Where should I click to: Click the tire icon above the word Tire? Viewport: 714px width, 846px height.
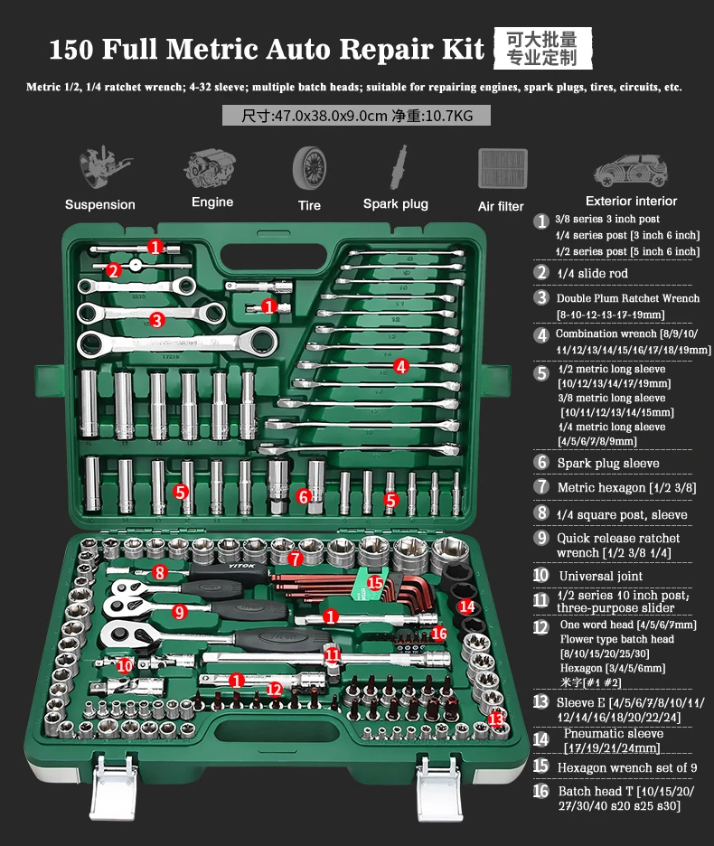pos(309,168)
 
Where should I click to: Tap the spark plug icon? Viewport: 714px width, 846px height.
pos(399,167)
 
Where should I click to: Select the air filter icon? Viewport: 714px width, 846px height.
pos(503,168)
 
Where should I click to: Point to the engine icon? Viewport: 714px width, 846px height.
pos(210,168)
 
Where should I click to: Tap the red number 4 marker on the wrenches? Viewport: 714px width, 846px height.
pos(400,366)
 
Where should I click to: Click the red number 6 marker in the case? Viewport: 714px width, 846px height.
pos(304,496)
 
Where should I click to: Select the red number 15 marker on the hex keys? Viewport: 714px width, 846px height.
pos(374,583)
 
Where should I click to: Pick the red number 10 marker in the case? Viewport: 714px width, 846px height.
pos(125,666)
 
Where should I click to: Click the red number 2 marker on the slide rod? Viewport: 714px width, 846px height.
pos(113,270)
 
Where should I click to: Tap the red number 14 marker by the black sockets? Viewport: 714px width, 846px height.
pos(467,606)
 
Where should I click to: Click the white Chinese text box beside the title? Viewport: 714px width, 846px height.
pos(542,49)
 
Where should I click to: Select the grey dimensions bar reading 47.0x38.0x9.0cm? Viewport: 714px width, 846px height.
pos(356,116)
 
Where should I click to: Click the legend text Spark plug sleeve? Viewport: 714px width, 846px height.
pos(608,463)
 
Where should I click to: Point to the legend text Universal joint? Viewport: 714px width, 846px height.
pos(601,576)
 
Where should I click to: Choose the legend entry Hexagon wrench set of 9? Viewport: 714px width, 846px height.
pos(627,767)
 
